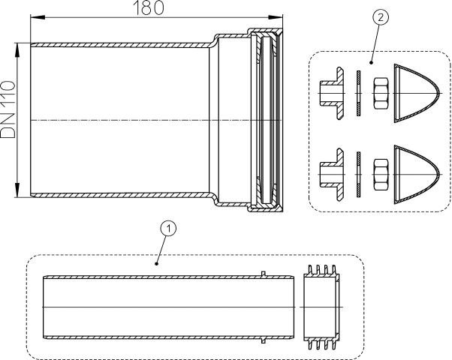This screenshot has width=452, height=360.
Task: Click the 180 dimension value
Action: (x=149, y=7)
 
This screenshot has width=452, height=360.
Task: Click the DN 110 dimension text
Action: (x=8, y=109)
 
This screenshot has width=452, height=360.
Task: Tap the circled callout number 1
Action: (x=168, y=229)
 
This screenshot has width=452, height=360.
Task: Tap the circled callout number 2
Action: (x=381, y=17)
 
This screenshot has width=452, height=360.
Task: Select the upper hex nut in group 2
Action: (x=381, y=93)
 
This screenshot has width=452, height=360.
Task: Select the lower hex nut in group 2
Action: (x=381, y=174)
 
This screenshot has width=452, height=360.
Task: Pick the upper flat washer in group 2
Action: (x=358, y=93)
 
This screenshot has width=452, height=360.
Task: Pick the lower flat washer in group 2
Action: (x=358, y=175)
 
